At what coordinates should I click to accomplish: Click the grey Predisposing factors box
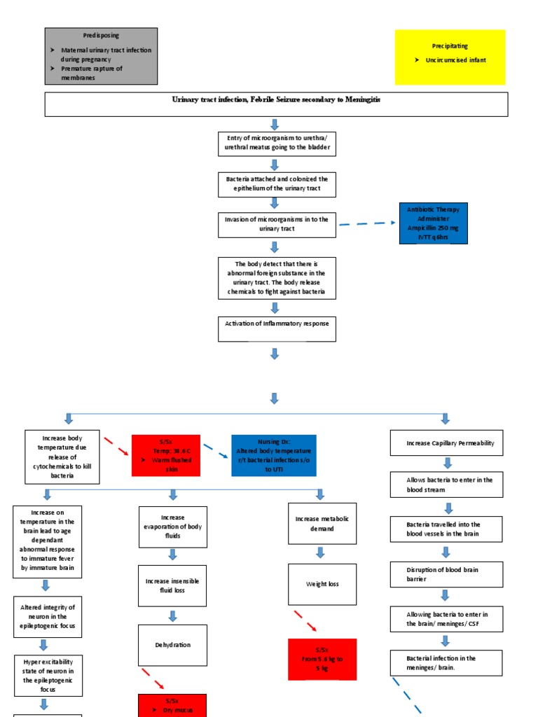pyautogui.click(x=101, y=55)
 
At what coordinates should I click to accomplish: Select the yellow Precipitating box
pyautogui.click(x=450, y=57)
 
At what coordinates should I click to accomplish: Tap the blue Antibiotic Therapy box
pyautogui.click(x=433, y=223)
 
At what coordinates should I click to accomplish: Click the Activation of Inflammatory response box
pyautogui.click(x=277, y=328)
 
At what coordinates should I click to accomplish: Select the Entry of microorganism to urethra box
pyautogui.click(x=277, y=143)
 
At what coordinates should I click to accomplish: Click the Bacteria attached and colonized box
pyautogui.click(x=277, y=184)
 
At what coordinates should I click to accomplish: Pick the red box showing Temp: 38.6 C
pyautogui.click(x=166, y=455)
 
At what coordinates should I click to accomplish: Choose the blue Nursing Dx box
pyautogui.click(x=273, y=455)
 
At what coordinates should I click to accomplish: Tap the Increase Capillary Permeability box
pyautogui.click(x=446, y=443)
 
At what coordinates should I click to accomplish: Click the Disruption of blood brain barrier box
pyautogui.click(x=446, y=574)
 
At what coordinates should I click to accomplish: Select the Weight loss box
pyautogui.click(x=322, y=584)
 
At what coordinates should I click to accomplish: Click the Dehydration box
pyautogui.click(x=172, y=645)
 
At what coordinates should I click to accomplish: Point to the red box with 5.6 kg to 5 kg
pyautogui.click(x=322, y=659)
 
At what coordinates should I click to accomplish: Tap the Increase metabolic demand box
pyautogui.click(x=322, y=523)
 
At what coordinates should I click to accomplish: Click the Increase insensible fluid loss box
pyautogui.click(x=172, y=585)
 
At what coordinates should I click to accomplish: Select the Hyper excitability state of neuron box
pyautogui.click(x=48, y=674)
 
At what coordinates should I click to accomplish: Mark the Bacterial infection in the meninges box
pyautogui.click(x=446, y=662)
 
